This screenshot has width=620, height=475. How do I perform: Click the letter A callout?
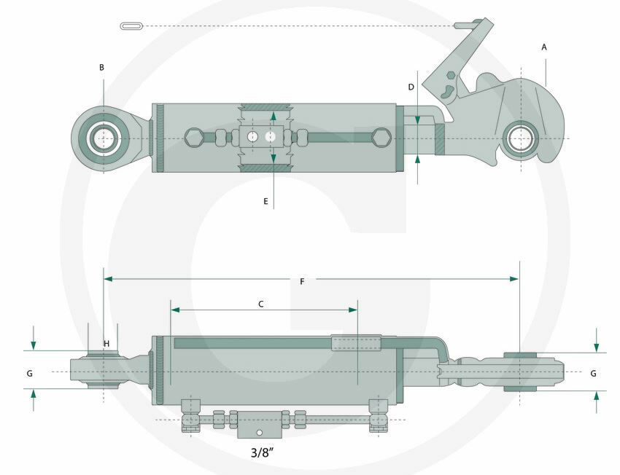tap(544, 47)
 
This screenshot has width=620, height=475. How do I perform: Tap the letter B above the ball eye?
tap(102, 67)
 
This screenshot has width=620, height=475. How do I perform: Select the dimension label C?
tap(261, 304)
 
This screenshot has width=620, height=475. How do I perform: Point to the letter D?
tap(411, 87)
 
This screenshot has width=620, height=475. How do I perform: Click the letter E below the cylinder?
tap(266, 200)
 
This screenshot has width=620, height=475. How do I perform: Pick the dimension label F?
tap(302, 282)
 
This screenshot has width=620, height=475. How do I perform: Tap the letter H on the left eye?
tap(106, 343)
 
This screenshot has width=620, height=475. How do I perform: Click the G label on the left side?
tap(29, 373)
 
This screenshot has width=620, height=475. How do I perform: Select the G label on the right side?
tap(594, 373)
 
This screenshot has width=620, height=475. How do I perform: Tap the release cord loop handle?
tap(131, 26)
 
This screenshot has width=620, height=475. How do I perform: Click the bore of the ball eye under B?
tap(104, 138)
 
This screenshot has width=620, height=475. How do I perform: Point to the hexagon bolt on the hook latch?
tap(452, 75)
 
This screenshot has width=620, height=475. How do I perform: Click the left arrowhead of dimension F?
tap(108, 278)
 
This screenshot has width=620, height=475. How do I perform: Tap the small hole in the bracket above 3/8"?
tap(257, 433)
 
